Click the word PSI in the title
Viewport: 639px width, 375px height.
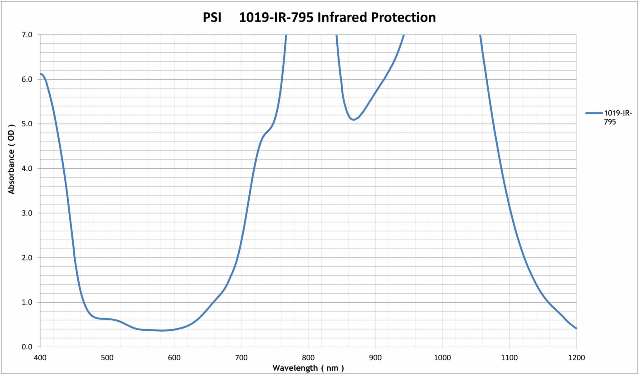(212, 17)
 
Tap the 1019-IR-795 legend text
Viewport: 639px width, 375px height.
(617, 117)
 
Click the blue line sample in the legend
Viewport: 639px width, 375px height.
(594, 113)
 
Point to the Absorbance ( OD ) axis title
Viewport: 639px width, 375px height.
(11, 159)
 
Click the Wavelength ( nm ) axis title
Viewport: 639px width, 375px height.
(308, 368)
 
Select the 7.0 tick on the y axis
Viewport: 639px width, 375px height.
(27, 35)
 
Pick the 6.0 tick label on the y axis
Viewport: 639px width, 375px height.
(27, 79)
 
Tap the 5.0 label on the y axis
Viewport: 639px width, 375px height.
(27, 124)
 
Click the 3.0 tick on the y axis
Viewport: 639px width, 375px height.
(27, 213)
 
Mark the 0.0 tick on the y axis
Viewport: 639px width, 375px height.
(27, 347)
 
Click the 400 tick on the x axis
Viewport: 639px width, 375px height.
(40, 358)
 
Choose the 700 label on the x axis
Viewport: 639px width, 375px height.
(241, 358)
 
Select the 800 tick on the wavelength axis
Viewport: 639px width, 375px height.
(308, 358)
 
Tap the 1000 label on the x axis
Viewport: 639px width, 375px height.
(442, 358)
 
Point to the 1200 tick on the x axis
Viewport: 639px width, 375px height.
(576, 358)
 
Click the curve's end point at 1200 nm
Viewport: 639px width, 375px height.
(576, 328)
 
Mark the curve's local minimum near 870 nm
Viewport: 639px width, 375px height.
(354, 119)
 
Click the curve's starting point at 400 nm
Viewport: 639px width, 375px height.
(40, 74)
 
